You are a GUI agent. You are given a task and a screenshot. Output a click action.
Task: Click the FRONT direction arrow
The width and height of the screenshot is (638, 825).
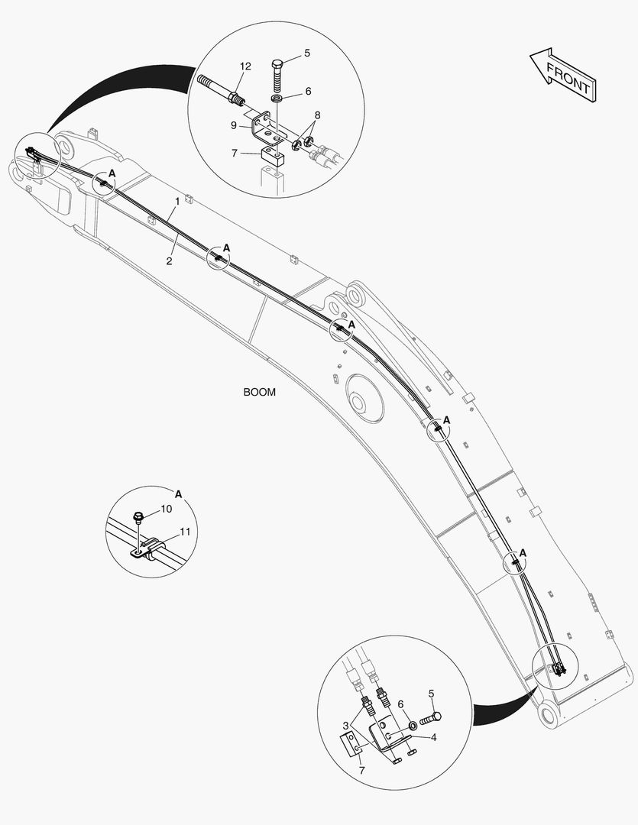pyautogui.click(x=562, y=76)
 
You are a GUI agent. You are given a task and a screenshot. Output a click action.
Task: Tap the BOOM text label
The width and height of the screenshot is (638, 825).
pyautogui.click(x=259, y=392)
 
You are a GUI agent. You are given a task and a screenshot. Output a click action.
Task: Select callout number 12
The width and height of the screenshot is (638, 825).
pyautogui.click(x=245, y=67)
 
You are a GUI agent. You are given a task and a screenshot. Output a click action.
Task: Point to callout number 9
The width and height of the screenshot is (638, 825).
pyautogui.click(x=234, y=125)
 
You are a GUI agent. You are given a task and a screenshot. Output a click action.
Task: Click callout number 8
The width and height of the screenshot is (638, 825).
pyautogui.click(x=316, y=115)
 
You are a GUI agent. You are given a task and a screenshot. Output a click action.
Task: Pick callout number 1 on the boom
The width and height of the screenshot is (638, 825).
pyautogui.click(x=177, y=201)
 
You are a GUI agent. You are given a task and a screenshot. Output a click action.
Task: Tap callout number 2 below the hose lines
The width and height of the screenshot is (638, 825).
pyautogui.click(x=169, y=261)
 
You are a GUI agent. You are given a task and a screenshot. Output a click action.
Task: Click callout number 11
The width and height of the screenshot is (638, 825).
pyautogui.click(x=185, y=531)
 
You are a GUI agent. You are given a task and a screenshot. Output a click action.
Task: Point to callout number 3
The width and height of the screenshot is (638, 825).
pyautogui.click(x=346, y=724)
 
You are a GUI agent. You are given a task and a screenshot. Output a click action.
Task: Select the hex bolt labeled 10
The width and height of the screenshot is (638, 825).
pyautogui.click(x=139, y=519)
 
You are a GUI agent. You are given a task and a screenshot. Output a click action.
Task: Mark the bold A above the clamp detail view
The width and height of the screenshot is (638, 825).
pyautogui.click(x=178, y=493)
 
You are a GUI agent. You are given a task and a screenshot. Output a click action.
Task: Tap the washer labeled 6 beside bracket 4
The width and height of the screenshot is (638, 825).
pyautogui.click(x=412, y=723)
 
